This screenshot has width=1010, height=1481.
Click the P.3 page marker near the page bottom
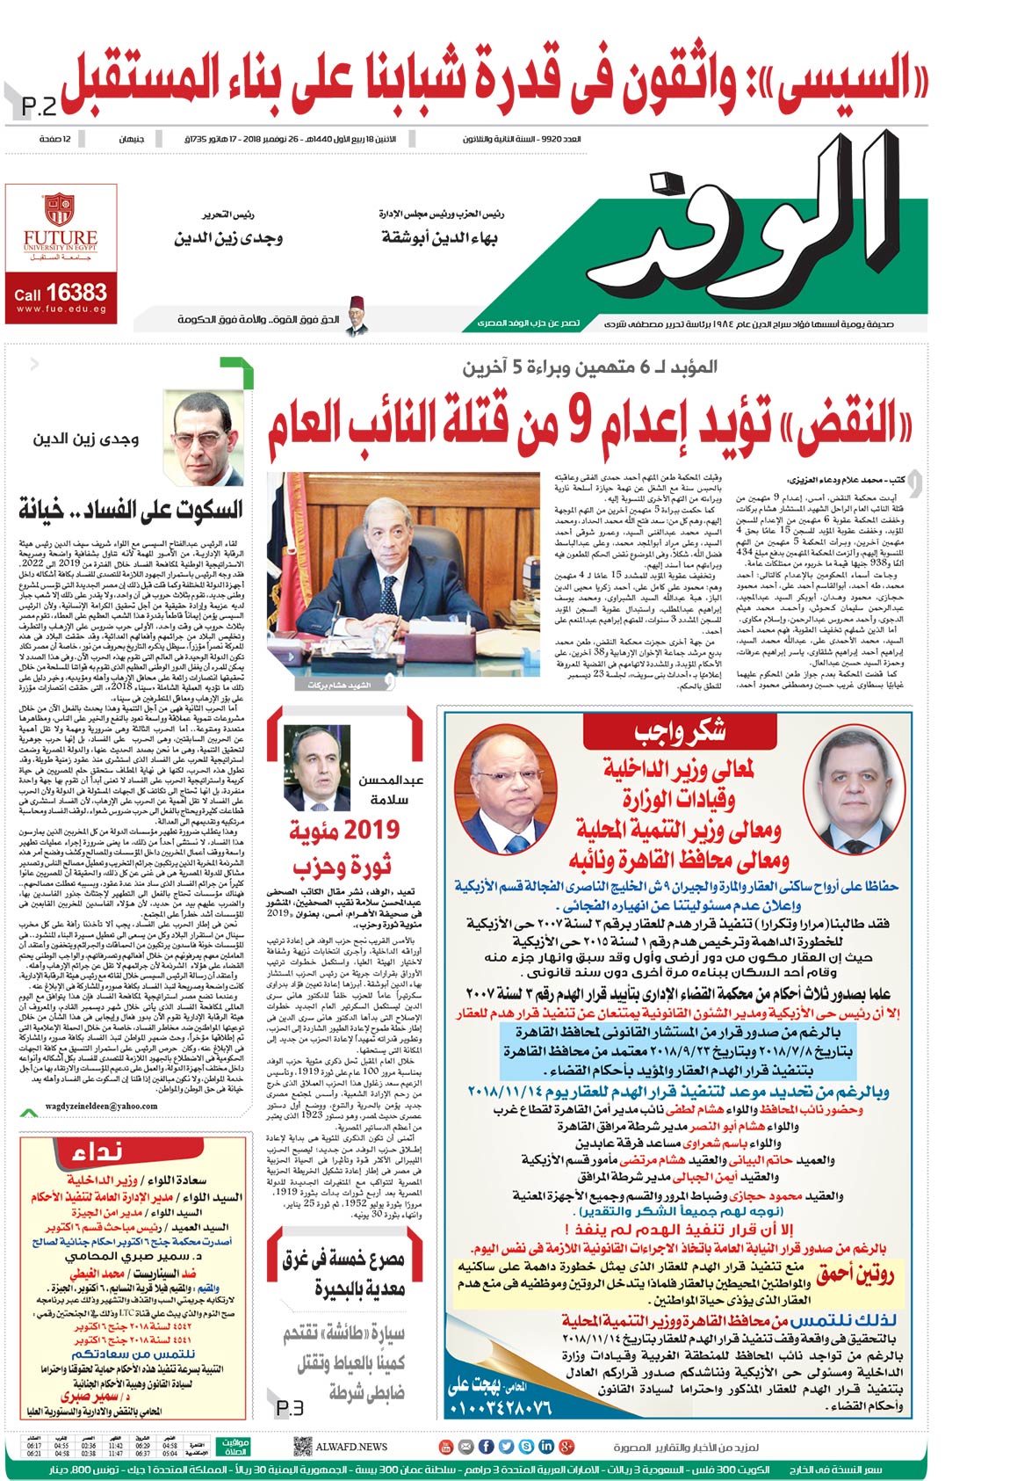pos(289,1407)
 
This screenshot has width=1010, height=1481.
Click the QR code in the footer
pos(302,1446)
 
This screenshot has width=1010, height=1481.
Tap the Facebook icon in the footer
pos(508,1446)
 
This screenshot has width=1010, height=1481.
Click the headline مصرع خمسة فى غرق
pos(343,1259)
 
